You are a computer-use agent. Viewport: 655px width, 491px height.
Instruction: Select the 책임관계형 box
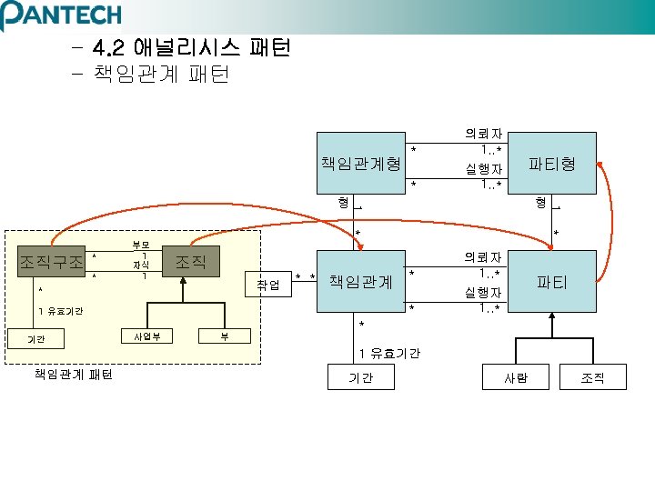point(360,164)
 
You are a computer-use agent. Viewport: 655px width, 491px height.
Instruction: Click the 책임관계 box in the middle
point(360,282)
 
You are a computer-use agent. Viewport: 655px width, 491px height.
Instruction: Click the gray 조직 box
point(191,262)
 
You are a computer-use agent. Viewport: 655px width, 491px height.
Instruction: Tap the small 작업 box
point(268,286)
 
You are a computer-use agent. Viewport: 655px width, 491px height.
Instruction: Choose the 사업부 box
point(147,337)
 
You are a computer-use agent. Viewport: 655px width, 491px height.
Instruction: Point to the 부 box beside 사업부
point(224,337)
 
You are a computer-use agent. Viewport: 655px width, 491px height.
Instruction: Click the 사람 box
point(516,377)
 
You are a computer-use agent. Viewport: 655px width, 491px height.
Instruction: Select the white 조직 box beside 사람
point(592,377)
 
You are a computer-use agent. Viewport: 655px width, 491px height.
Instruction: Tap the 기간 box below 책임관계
point(361,377)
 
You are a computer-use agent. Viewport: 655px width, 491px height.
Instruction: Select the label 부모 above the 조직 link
point(142,244)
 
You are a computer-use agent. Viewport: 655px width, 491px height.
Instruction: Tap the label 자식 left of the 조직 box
point(142,266)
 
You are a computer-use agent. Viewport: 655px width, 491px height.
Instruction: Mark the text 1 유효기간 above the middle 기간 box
point(389,353)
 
